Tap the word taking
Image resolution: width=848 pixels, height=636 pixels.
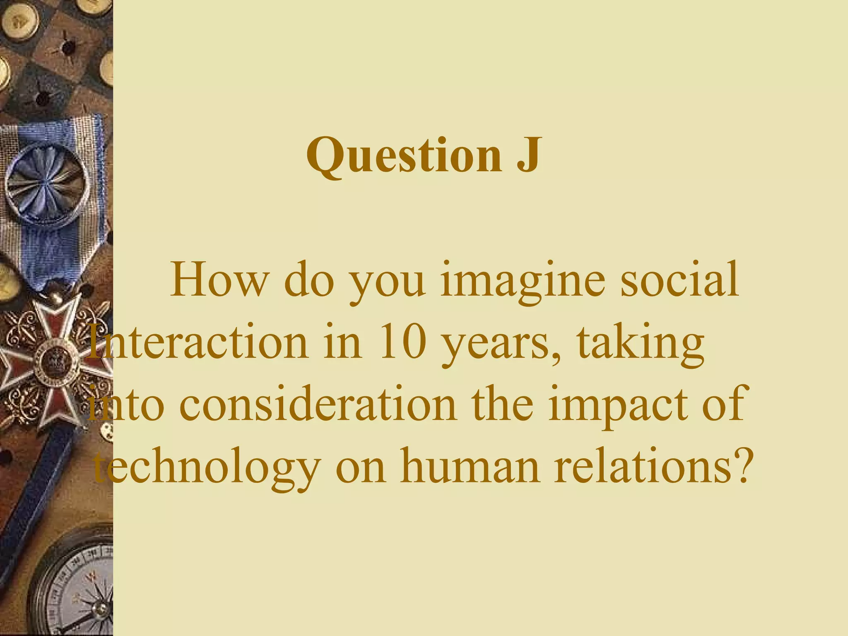tap(640, 344)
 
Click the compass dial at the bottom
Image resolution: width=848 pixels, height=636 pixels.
tap(79, 588)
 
